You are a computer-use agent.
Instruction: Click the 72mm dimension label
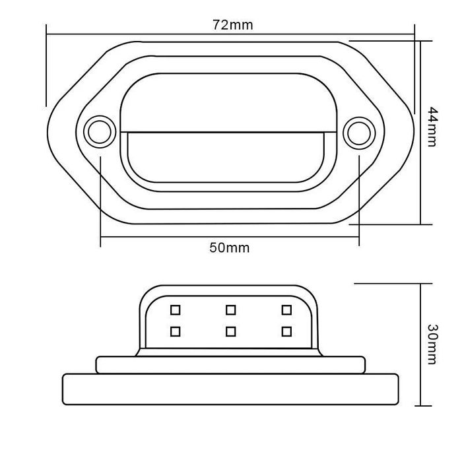coord(232,25)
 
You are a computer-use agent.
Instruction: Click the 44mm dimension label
coord(432,127)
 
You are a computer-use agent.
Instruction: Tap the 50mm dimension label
coord(229,247)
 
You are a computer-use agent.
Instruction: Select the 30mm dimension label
coord(432,344)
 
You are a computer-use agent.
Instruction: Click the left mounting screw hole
coord(100,132)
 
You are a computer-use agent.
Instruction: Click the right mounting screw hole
coord(359,133)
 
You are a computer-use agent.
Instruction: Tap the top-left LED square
coord(176,310)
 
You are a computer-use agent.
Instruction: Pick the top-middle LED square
coord(231,310)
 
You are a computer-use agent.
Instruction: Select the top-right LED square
coord(286,310)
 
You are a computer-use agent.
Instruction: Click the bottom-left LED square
coord(176,331)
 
